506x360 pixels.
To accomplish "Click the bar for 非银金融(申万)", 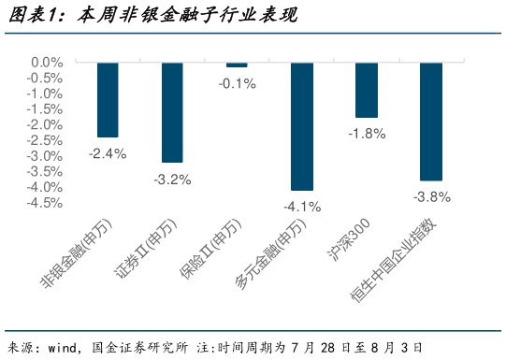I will point(108,100).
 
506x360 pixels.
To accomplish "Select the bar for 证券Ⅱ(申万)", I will point(172,112).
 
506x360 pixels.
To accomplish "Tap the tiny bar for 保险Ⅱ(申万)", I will point(237,65).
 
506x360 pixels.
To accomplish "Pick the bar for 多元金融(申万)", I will point(302,126).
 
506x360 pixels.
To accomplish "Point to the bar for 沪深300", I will point(367,91).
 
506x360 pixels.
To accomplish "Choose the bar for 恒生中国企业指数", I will point(431,122).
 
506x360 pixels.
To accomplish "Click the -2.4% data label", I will point(108,153).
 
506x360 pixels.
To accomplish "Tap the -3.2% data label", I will point(172,179).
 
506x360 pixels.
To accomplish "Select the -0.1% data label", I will point(237,83).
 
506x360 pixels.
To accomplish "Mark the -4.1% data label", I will point(302,207).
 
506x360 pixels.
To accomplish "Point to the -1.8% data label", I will point(367,134).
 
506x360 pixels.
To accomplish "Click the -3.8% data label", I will point(431,196).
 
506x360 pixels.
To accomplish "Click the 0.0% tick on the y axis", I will point(46,63).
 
